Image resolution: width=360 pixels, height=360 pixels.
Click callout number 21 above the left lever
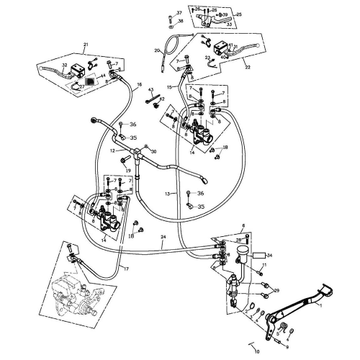[x=86, y=45]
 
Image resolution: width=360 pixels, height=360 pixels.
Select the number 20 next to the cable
[x=157, y=50]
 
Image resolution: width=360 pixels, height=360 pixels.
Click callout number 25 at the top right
[x=238, y=14]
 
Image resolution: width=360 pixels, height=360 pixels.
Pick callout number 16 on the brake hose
[x=139, y=84]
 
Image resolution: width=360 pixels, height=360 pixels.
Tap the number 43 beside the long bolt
[x=152, y=89]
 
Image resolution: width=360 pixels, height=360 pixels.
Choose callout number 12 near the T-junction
[x=112, y=151]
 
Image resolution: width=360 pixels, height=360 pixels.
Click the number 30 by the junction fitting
[x=152, y=151]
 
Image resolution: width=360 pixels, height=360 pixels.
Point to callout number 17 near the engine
[x=125, y=269]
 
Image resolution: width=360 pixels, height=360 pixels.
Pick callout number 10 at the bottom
[x=258, y=352]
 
